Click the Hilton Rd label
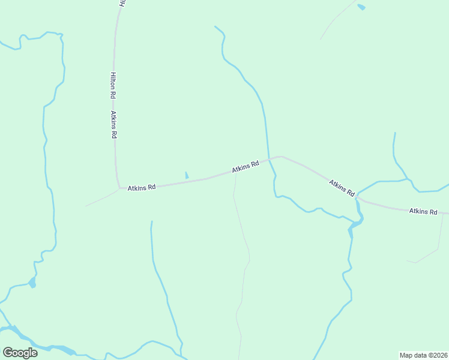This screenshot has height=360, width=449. [x=112, y=85]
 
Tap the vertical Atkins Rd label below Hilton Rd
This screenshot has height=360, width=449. [x=113, y=125]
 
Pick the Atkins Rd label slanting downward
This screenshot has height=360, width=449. [x=342, y=187]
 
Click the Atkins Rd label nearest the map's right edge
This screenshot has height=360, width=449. [x=423, y=211]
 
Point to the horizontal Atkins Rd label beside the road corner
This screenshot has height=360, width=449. [x=142, y=187]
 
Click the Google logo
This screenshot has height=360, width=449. [x=20, y=353]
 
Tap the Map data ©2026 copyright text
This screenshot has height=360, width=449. [x=423, y=355]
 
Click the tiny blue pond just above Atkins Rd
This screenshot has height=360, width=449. [x=187, y=175]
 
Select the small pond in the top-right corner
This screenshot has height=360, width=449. [x=361, y=7]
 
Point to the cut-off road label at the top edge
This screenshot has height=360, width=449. [x=122, y=3]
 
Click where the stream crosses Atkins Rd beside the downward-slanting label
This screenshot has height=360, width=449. [x=357, y=197]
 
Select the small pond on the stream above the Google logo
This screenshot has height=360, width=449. [x=32, y=282]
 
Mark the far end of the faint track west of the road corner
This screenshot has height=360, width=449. [x=85, y=206]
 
